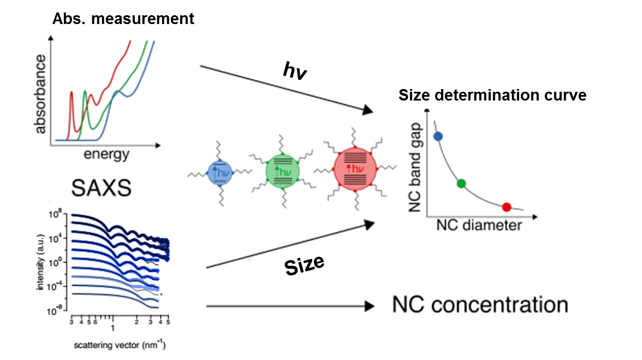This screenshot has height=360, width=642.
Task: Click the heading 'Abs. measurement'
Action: (123, 19)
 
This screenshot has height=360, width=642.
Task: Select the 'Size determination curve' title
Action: (492, 96)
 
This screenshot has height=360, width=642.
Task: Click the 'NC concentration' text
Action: (480, 305)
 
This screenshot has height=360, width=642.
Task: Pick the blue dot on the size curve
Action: (437, 137)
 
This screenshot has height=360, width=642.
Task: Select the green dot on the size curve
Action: (461, 184)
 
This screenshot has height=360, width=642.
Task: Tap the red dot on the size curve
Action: (506, 207)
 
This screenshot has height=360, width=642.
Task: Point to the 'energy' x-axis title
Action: (106, 155)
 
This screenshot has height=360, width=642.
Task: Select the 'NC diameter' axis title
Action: (478, 225)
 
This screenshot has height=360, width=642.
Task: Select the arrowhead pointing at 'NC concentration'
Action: (370, 306)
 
